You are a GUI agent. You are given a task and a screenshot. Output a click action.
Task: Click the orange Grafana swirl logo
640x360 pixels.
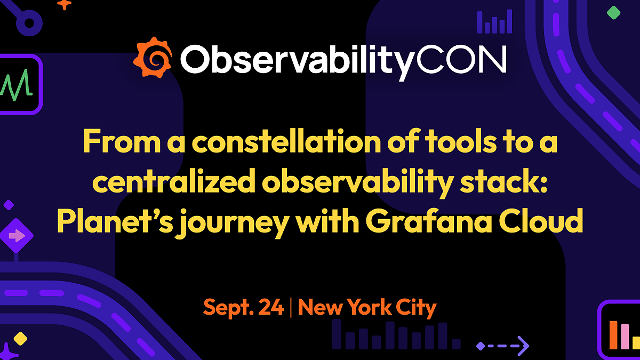(153, 57)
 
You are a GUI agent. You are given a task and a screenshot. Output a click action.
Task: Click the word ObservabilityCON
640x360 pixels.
(343, 60)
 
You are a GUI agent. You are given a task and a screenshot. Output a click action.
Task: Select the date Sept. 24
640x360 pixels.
(243, 308)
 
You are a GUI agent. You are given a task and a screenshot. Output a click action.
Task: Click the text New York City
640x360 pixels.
(367, 308)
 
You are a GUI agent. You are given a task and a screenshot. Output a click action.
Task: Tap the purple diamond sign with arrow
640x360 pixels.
(15, 235)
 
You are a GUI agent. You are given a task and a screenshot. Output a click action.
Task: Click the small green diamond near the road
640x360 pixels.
(614, 13)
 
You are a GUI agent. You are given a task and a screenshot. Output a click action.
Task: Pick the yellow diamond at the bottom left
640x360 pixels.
(20, 338)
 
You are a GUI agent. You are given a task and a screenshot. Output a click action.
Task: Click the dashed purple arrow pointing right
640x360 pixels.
(503, 346)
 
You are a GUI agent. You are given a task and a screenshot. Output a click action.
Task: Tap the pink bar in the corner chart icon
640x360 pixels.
(625, 337)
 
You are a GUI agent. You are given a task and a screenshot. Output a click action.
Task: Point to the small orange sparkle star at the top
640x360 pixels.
(64, 4)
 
